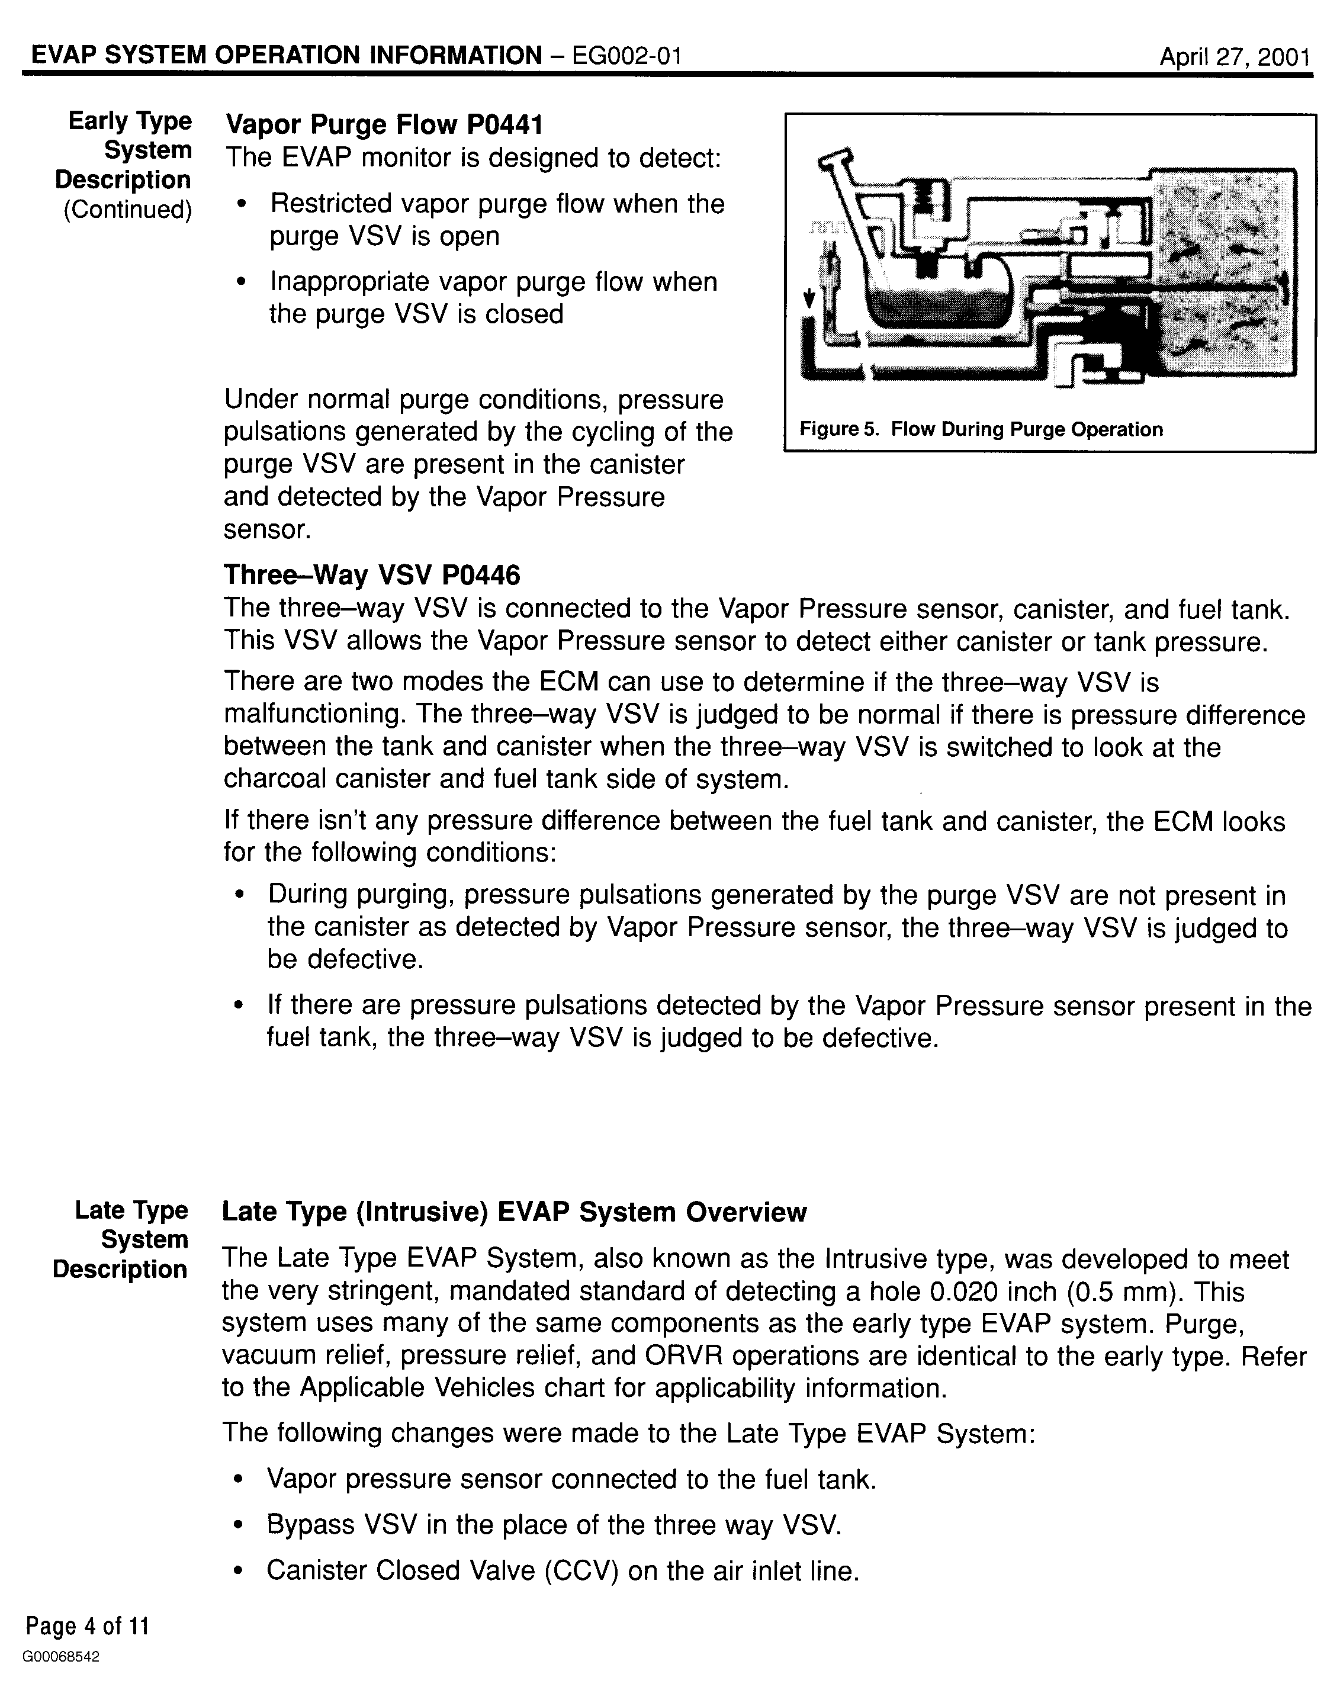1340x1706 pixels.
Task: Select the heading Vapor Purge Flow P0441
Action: coord(384,125)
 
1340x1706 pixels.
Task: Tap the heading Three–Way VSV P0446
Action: coord(371,575)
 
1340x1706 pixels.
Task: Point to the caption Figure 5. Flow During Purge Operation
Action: coord(981,429)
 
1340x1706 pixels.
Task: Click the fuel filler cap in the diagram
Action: coord(835,159)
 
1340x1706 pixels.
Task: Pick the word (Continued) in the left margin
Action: coord(128,210)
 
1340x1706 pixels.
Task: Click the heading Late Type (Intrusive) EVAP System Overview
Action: coord(514,1212)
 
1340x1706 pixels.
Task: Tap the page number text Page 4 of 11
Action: coord(87,1626)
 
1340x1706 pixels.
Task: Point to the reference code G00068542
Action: coord(61,1657)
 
